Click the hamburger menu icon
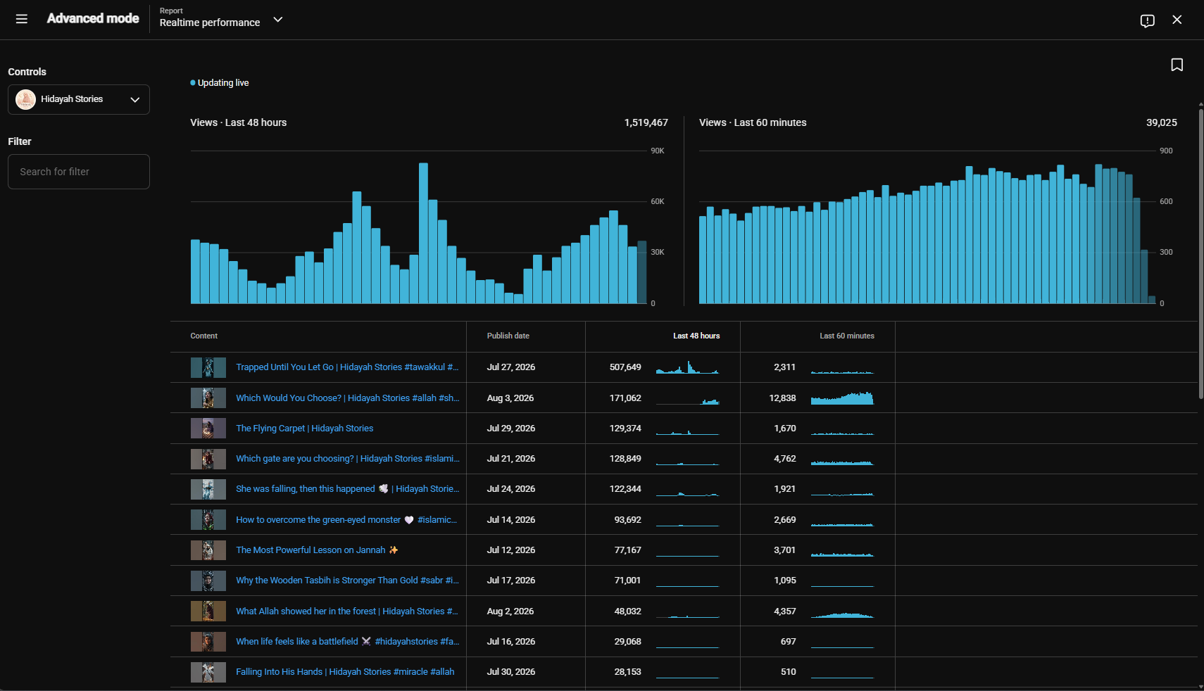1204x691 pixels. pyautogui.click(x=22, y=19)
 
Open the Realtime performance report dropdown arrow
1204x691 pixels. pyautogui.click(x=278, y=20)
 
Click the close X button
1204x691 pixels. pyautogui.click(x=1177, y=20)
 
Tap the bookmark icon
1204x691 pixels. pyautogui.click(x=1177, y=65)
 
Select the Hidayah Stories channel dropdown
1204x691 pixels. pyautogui.click(x=78, y=99)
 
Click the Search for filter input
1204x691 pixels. pyautogui.click(x=78, y=172)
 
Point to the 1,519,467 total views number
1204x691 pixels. pyautogui.click(x=646, y=122)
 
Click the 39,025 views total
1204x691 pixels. pyautogui.click(x=1161, y=122)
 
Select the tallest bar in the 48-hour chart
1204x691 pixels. pyautogui.click(x=424, y=233)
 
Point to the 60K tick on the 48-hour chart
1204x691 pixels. pyautogui.click(x=658, y=201)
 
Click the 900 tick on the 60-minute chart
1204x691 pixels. pyautogui.click(x=1166, y=151)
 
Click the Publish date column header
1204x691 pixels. pyautogui.click(x=508, y=336)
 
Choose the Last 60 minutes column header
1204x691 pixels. pyautogui.click(x=846, y=336)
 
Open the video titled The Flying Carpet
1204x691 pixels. pyautogui.click(x=304, y=429)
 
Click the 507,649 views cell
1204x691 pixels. pyautogui.click(x=625, y=367)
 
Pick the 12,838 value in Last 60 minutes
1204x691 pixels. pyautogui.click(x=782, y=398)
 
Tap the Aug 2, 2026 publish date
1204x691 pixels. pyautogui.click(x=510, y=611)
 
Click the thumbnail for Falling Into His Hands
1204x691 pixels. pyautogui.click(x=208, y=672)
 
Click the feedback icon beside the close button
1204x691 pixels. pyautogui.click(x=1147, y=20)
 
